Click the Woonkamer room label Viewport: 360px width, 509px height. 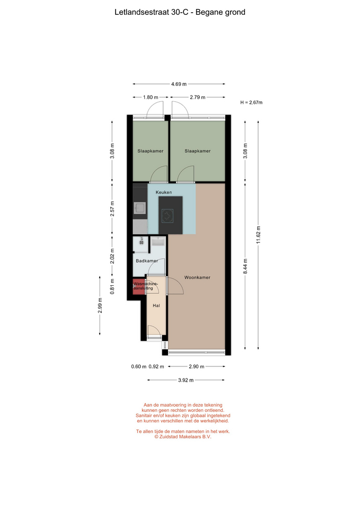197,277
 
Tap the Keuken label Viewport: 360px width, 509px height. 164,192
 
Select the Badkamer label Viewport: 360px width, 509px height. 147,261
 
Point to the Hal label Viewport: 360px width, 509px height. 156,305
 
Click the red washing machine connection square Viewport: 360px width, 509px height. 138,287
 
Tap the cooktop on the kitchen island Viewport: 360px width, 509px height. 168,216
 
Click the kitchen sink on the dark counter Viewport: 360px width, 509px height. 140,208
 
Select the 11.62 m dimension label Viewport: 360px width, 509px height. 258,235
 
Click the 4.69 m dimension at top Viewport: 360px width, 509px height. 179,84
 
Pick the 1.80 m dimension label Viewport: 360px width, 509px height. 151,97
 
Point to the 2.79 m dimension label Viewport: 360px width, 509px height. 198,97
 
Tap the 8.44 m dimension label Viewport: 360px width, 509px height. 245,266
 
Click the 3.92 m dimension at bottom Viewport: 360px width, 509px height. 186,380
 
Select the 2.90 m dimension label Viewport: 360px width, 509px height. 196,366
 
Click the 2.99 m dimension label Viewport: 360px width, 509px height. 100,305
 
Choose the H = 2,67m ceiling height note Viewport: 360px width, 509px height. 251,102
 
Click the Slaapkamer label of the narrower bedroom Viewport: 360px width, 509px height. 150,151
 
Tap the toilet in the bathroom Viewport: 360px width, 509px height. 142,241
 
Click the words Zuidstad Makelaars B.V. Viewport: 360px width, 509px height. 185,436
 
